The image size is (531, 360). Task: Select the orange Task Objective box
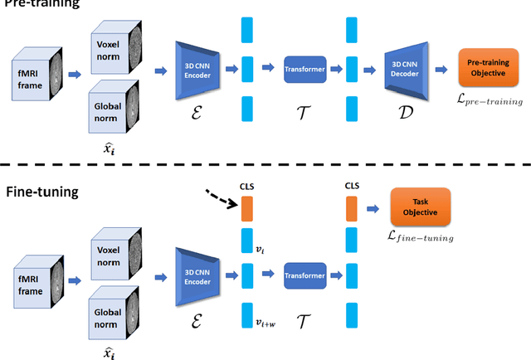(420, 207)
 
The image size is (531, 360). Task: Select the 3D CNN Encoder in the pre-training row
(199, 67)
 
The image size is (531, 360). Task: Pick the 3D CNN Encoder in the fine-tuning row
(199, 275)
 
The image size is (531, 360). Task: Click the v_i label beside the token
(260, 248)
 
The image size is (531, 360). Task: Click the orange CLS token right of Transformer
(349, 208)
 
